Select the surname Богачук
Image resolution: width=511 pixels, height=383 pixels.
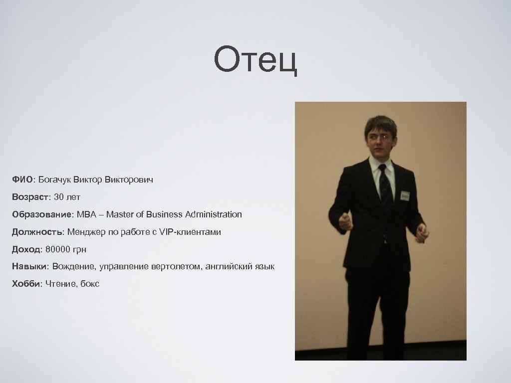55,179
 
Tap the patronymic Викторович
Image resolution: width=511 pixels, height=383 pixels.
129,179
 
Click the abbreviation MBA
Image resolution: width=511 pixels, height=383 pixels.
85,214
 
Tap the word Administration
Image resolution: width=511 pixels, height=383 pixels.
214,214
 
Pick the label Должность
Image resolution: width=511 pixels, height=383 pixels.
38,232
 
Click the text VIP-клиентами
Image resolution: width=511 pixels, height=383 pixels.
190,232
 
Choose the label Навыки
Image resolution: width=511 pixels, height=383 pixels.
30,267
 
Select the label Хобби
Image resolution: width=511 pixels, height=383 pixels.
26,284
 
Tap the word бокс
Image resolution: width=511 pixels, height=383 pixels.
89,284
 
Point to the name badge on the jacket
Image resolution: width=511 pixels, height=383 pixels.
404,195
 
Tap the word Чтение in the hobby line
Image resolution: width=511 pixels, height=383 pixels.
60,284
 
